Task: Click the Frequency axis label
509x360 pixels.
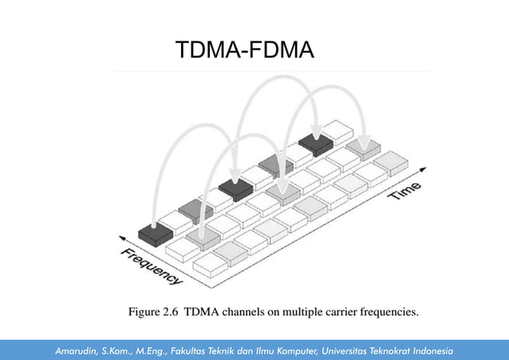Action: pyautogui.click(x=151, y=267)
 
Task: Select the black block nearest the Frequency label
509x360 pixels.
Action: pyautogui.click(x=155, y=233)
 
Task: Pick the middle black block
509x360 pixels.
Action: pyautogui.click(x=236, y=189)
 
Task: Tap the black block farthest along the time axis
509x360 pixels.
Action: pyautogui.click(x=315, y=144)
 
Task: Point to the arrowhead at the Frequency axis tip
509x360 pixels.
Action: pyautogui.click(x=123, y=235)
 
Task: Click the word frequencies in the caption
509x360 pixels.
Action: pyautogui.click(x=389, y=312)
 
